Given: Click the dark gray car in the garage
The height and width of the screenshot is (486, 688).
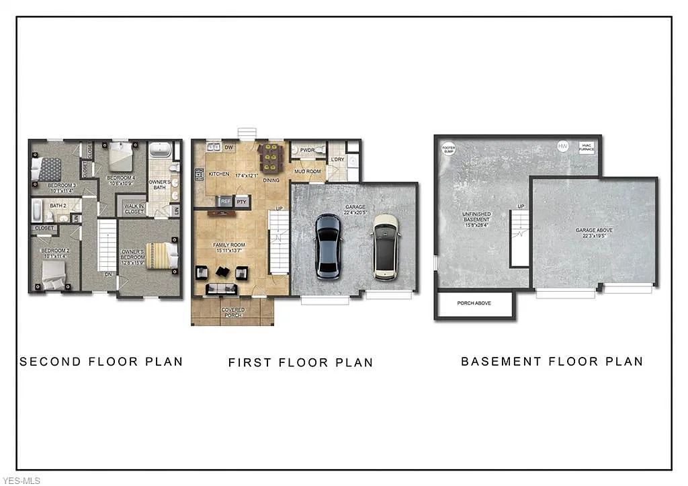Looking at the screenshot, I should [x=328, y=246].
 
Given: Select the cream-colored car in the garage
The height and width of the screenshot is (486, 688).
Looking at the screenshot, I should [x=386, y=246].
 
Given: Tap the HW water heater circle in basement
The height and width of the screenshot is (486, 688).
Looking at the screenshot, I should [x=562, y=146].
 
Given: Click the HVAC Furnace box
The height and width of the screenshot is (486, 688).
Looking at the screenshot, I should [x=587, y=147].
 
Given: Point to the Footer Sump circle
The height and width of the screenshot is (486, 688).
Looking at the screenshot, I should [x=448, y=149].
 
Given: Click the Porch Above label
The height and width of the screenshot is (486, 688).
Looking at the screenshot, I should [x=474, y=303].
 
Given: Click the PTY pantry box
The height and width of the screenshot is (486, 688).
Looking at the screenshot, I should [x=242, y=200].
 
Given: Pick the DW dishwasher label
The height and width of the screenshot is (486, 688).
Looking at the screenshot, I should [x=228, y=147].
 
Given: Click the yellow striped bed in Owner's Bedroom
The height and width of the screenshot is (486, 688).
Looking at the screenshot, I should [x=162, y=255].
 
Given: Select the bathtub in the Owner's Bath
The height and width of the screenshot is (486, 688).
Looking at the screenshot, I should [x=159, y=149].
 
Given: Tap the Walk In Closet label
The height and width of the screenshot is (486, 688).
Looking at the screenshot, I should [x=134, y=208].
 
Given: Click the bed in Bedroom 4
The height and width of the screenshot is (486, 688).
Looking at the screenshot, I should [x=121, y=156].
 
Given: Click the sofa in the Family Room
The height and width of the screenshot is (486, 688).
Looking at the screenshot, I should [x=222, y=289].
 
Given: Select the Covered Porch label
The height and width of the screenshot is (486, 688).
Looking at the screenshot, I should [x=232, y=312].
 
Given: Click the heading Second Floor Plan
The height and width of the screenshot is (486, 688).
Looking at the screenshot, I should [x=101, y=362].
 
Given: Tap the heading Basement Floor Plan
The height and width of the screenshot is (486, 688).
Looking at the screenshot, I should [x=552, y=362].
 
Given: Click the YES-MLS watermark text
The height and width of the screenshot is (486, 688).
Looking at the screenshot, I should [x=21, y=480].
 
